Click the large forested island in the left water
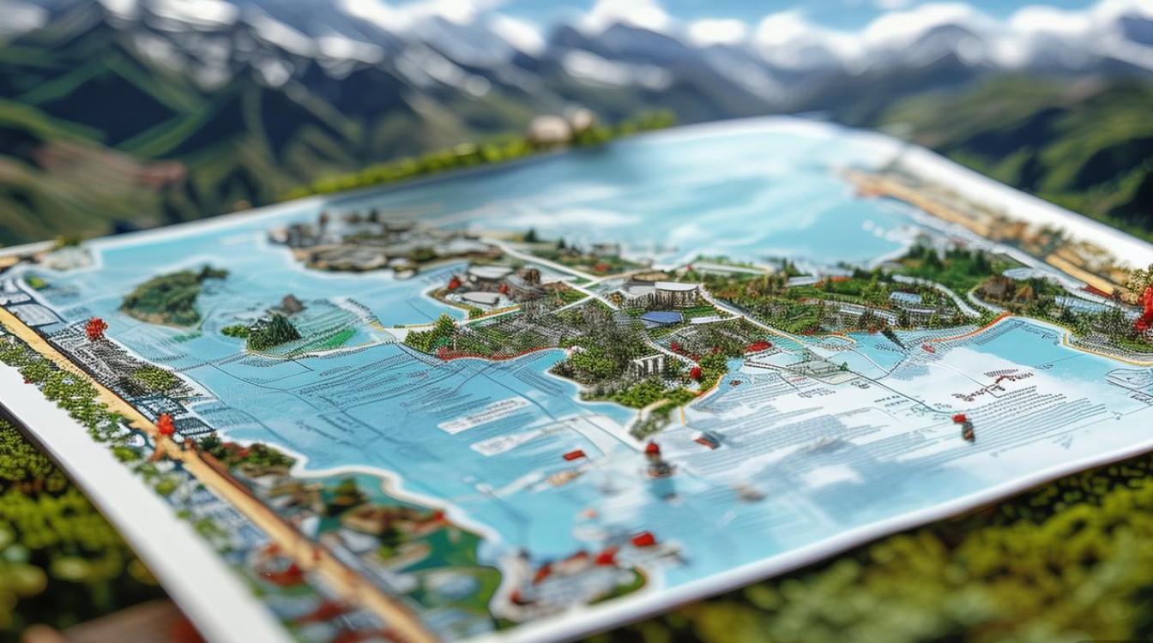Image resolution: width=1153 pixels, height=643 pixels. (x=172, y=296)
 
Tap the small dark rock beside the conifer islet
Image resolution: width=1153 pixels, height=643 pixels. (x=289, y=303)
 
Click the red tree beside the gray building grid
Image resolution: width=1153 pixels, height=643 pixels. (x=95, y=328)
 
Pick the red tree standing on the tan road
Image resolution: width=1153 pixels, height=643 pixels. (x=165, y=424)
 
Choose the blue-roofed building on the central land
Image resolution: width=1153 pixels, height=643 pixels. (x=661, y=318)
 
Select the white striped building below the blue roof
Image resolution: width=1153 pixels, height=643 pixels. (x=648, y=366)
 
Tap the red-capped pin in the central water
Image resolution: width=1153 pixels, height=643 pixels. (x=654, y=453)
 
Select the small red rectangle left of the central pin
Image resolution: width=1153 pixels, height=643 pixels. (x=574, y=455)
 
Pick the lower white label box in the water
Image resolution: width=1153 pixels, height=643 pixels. (x=506, y=442)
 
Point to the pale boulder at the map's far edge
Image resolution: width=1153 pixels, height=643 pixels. (x=549, y=129)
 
